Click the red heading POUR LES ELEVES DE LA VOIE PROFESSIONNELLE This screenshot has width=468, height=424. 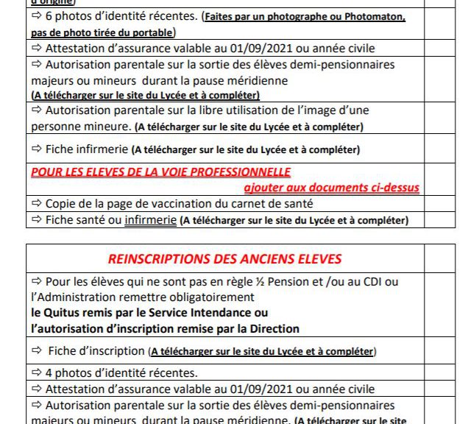pyautogui.click(x=160, y=172)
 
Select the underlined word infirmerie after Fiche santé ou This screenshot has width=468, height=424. pyautogui.click(x=150, y=219)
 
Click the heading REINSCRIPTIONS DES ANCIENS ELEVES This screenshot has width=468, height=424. pyautogui.click(x=224, y=259)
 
